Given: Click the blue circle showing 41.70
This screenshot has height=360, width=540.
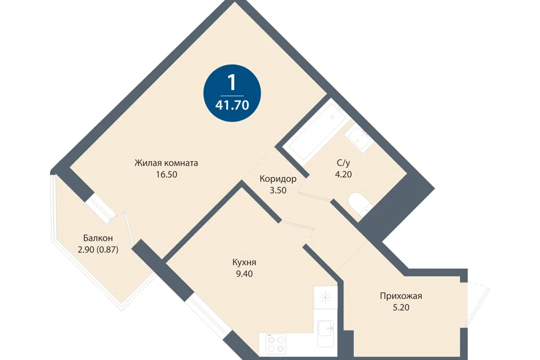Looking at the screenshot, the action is [x=232, y=93].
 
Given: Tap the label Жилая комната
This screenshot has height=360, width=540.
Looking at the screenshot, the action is [x=166, y=163].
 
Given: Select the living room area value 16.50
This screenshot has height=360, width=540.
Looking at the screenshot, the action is [x=166, y=174].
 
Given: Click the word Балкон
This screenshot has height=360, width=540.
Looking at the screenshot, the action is [x=98, y=238].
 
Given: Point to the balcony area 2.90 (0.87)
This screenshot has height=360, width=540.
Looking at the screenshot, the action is [x=98, y=249].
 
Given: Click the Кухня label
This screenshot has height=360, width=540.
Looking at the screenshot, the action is [x=244, y=263].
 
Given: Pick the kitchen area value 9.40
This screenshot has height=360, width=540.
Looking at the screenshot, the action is [x=244, y=274].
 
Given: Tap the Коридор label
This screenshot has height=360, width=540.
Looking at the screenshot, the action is [x=278, y=179].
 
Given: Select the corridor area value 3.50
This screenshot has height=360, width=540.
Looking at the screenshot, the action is [x=278, y=190].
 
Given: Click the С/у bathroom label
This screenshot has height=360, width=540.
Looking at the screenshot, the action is [x=343, y=163].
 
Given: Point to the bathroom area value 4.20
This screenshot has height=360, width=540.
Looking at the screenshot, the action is [x=343, y=174].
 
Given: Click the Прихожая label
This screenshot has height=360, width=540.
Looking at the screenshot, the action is [x=401, y=296].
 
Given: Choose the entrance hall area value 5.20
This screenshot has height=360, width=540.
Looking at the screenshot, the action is [x=401, y=307].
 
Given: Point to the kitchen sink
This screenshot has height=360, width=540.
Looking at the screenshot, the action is [x=325, y=333].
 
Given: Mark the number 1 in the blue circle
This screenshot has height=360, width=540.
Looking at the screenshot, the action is [x=232, y=82].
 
